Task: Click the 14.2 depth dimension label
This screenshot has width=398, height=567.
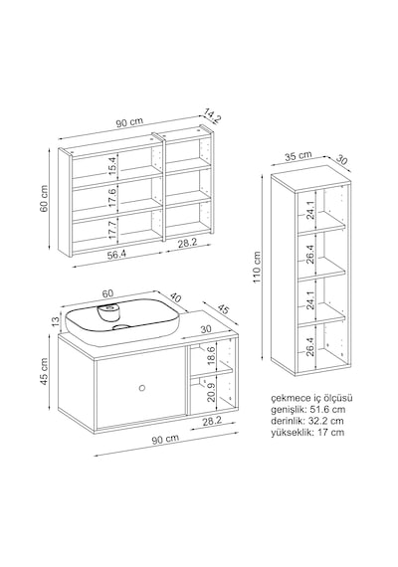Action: pyautogui.click(x=212, y=116)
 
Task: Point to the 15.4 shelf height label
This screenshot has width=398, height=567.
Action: pyautogui.click(x=113, y=165)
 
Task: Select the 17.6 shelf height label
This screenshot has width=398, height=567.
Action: pyautogui.click(x=113, y=197)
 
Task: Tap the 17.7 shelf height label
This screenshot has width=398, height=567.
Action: pyautogui.click(x=113, y=230)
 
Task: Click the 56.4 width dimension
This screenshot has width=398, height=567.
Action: pyautogui.click(x=116, y=255)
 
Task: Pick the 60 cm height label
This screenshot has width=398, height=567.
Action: pyautogui.click(x=44, y=199)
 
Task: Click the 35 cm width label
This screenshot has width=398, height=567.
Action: pyautogui.click(x=298, y=155)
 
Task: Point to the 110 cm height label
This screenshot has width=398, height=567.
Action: pyautogui.click(x=257, y=268)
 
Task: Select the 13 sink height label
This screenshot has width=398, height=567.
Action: pyautogui.click(x=55, y=321)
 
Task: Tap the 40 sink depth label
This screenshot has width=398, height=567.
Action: pyautogui.click(x=175, y=298)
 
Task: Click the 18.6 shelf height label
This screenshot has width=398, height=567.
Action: pyautogui.click(x=212, y=355)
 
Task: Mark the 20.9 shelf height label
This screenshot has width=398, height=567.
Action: pyautogui.click(x=212, y=393)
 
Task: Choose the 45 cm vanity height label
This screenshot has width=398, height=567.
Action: pyautogui.click(x=44, y=371)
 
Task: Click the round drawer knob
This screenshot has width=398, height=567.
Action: pyautogui.click(x=142, y=388)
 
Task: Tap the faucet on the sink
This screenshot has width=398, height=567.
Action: pyautogui.click(x=108, y=312)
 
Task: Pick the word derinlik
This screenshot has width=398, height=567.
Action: pyautogui.click(x=288, y=421)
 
